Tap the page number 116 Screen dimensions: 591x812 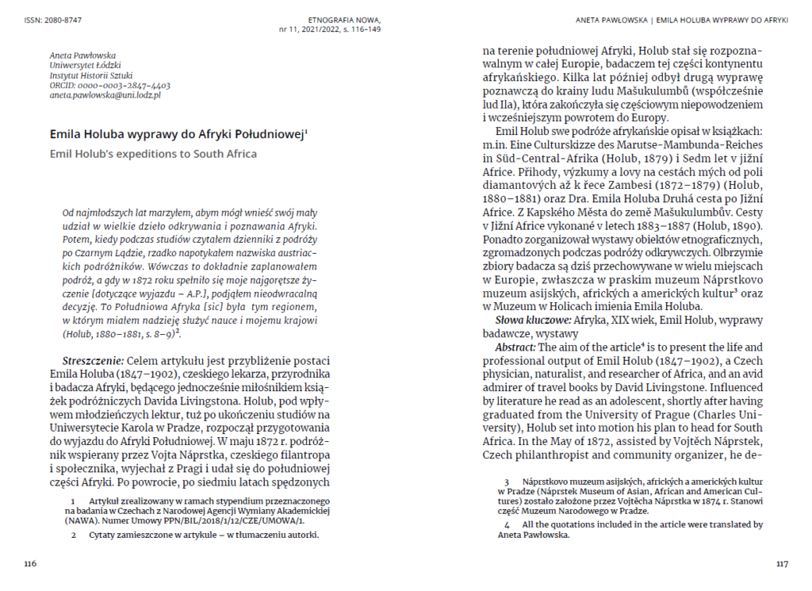tap(30, 564)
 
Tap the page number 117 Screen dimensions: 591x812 tap(782, 564)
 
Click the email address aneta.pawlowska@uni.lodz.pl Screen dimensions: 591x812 tap(105, 95)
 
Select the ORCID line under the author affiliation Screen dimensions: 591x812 tap(109, 85)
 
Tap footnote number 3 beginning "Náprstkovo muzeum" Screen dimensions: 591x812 tap(507, 482)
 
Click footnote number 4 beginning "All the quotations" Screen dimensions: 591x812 tap(507, 524)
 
